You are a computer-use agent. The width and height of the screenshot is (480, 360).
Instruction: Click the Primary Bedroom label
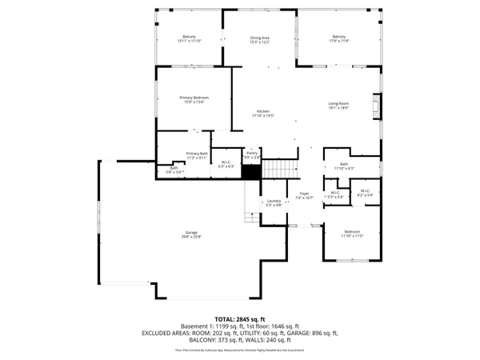click(x=194, y=98)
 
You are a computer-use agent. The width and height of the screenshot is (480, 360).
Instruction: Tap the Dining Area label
click(x=259, y=38)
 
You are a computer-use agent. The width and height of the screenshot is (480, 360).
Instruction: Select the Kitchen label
click(x=264, y=111)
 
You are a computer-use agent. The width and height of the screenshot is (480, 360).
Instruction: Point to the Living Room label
click(x=339, y=103)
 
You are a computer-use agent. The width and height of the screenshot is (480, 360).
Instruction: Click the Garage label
click(x=192, y=233)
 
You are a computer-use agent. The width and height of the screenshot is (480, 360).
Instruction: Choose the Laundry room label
click(x=274, y=201)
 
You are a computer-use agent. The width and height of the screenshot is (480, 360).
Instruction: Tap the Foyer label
click(x=304, y=194)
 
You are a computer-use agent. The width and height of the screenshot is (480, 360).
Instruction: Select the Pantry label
click(x=252, y=152)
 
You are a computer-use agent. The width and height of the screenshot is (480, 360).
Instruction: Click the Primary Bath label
click(x=197, y=154)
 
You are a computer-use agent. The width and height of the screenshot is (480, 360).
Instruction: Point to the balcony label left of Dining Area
click(x=190, y=38)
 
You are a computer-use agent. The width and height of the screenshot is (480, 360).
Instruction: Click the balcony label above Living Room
click(x=339, y=38)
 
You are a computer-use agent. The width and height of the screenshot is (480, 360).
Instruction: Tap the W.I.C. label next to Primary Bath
click(x=226, y=162)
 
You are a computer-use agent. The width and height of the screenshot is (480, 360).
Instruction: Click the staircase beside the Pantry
click(x=281, y=169)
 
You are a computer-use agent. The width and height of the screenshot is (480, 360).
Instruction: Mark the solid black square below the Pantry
click(x=252, y=170)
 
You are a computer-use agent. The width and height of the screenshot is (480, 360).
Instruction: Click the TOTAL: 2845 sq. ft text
click(x=239, y=319)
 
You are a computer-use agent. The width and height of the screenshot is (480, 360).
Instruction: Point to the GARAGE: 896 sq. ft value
click(x=315, y=333)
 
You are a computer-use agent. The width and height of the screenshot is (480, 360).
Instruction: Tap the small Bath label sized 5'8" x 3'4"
click(x=174, y=169)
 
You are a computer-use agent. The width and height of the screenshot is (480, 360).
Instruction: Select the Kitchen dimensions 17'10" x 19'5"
click(x=264, y=116)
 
